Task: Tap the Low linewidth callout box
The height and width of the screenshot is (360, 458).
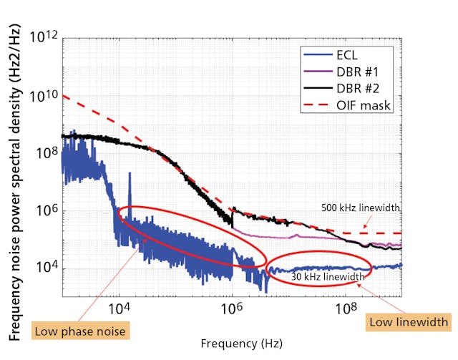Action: (409, 322)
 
